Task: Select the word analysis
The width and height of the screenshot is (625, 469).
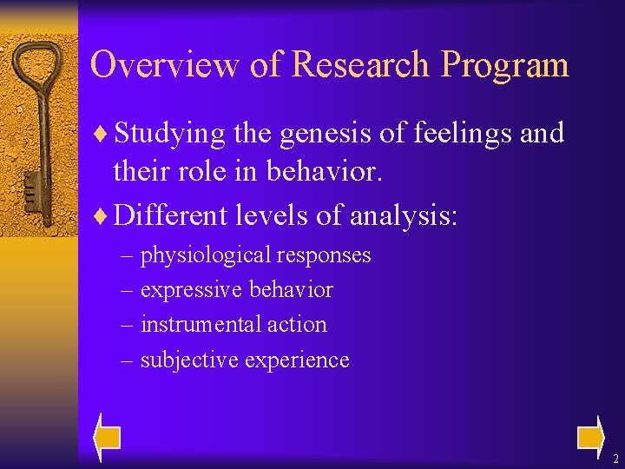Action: click(x=403, y=214)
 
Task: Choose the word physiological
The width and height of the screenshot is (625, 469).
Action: click(x=206, y=256)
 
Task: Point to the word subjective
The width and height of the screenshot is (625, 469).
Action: click(x=189, y=360)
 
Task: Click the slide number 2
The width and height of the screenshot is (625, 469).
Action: click(x=615, y=459)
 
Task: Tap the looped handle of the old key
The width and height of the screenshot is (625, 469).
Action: click(x=36, y=74)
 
